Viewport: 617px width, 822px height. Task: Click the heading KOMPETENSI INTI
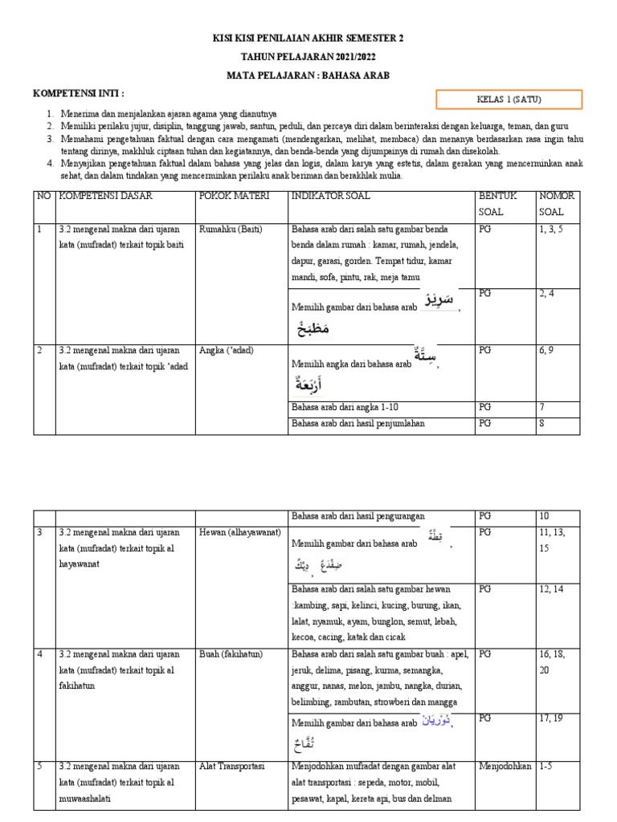79,94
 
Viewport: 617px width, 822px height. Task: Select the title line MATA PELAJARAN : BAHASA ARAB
308,75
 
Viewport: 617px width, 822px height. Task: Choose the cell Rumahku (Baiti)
231,229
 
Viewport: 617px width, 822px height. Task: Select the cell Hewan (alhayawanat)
242,532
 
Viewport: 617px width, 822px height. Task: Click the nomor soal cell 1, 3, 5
555,229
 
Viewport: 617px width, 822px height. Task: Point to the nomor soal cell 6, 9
550,350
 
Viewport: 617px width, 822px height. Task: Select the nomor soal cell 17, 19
553,718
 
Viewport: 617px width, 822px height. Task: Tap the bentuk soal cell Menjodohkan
505,765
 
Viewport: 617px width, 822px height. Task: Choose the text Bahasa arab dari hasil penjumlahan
358,423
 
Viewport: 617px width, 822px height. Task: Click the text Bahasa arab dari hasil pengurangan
358,515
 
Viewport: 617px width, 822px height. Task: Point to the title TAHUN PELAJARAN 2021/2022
308,57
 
